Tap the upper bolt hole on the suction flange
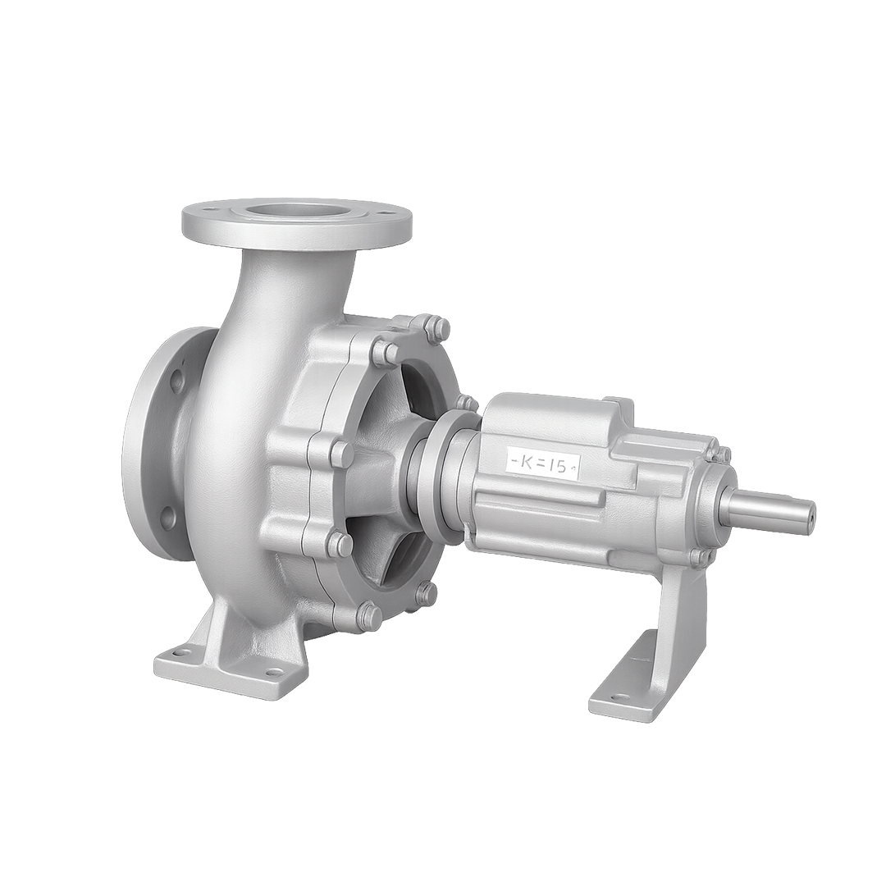click(176, 381)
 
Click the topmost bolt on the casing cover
click(438, 329)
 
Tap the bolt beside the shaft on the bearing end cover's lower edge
click(699, 557)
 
